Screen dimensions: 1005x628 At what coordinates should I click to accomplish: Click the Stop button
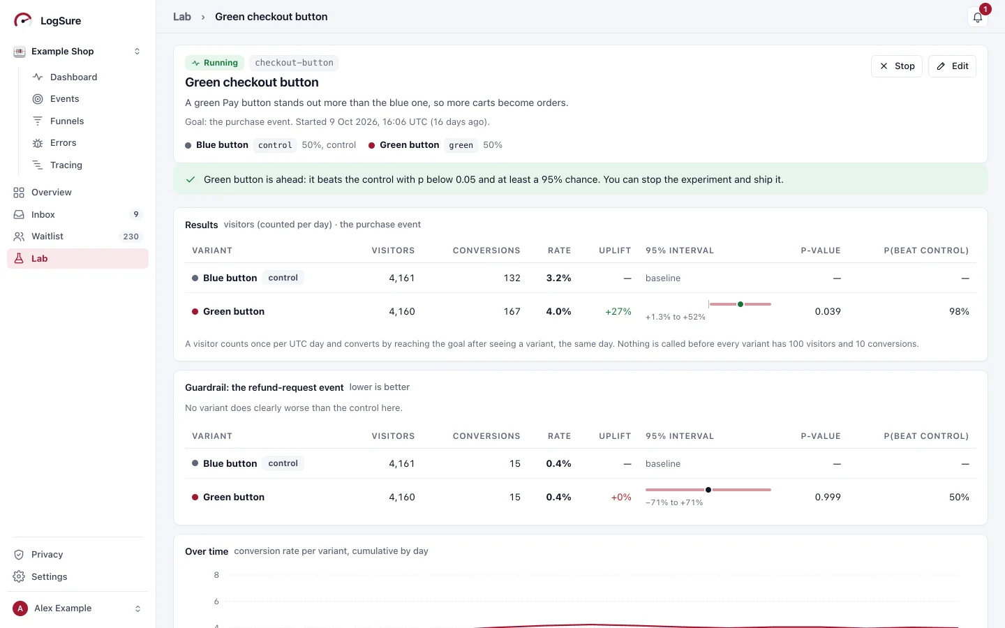(896, 66)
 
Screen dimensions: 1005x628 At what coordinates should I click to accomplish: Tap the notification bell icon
(978, 17)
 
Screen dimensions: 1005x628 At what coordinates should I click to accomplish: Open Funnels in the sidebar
(67, 121)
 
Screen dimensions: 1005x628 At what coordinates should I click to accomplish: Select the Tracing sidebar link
(66, 165)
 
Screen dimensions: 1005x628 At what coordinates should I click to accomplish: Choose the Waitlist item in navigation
(47, 236)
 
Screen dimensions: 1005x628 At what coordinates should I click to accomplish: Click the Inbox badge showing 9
(135, 214)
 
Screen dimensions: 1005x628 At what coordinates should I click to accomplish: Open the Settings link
(49, 576)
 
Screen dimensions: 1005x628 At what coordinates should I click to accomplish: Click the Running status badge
(214, 63)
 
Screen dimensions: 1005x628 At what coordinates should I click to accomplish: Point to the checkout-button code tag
(294, 63)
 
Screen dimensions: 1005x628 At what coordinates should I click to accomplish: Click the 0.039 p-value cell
(827, 311)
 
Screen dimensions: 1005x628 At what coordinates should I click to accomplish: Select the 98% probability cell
(959, 311)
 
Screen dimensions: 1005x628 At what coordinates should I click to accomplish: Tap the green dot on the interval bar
(740, 304)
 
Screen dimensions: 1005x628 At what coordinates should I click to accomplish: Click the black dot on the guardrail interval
(708, 490)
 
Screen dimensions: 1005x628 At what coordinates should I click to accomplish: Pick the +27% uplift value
(618, 311)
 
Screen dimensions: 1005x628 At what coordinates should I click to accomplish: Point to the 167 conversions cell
(512, 311)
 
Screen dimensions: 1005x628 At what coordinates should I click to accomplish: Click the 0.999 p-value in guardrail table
(827, 497)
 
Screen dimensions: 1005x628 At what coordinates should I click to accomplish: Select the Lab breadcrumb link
(181, 17)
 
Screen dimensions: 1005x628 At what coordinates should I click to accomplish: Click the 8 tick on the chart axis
(216, 575)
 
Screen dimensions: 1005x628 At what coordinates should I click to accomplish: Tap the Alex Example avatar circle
(20, 608)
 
